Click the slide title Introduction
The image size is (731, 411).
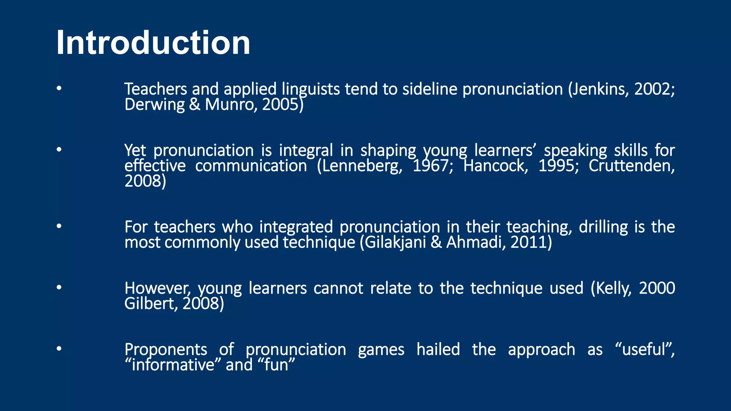153,43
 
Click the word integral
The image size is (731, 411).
306,151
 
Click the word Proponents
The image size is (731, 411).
166,350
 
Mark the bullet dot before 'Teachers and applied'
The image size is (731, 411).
59,88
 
